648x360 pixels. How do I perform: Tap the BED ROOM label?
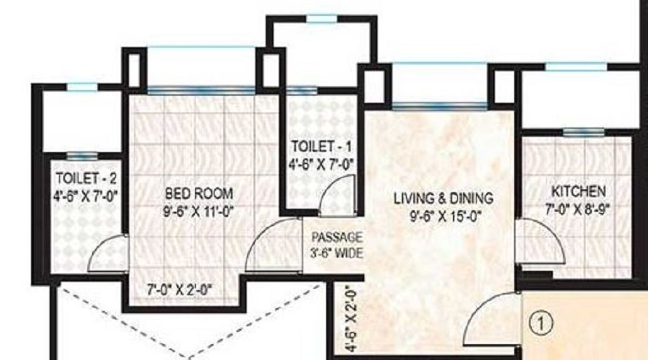[199, 193]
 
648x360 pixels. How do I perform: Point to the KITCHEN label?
[578, 192]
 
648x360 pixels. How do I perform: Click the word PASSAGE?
[337, 238]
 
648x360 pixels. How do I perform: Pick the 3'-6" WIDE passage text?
[337, 253]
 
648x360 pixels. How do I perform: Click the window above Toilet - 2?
[81, 87]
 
